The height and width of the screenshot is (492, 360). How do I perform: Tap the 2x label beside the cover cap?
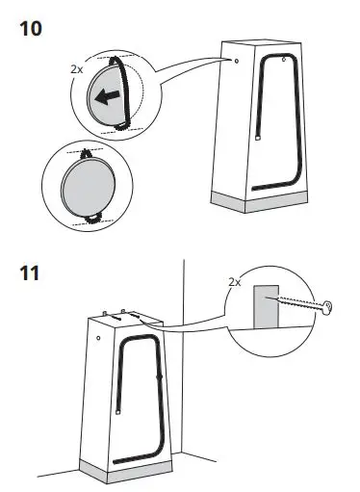pos(77,69)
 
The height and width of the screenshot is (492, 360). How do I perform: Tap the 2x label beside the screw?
pos(234,283)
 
